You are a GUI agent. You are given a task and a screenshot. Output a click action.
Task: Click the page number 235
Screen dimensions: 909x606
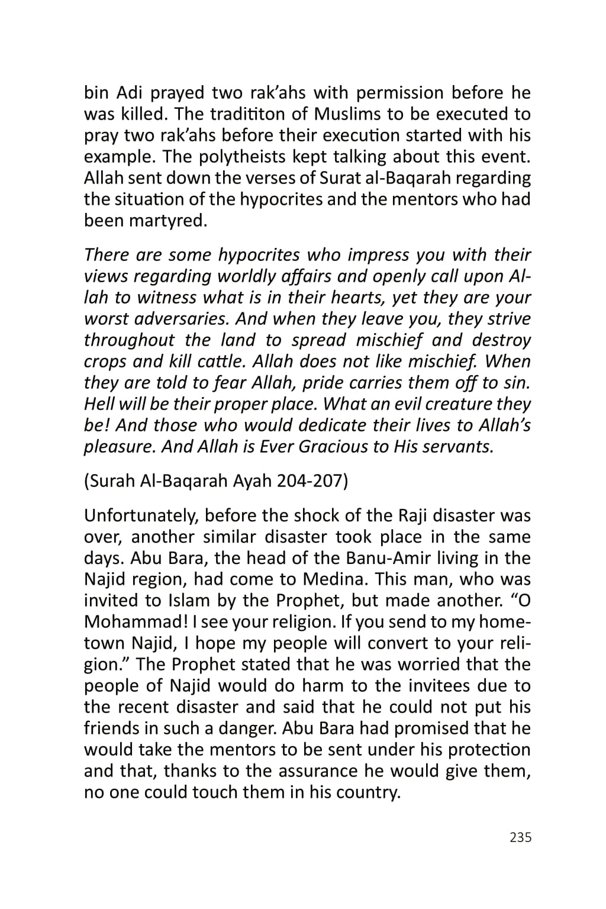(x=520, y=837)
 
